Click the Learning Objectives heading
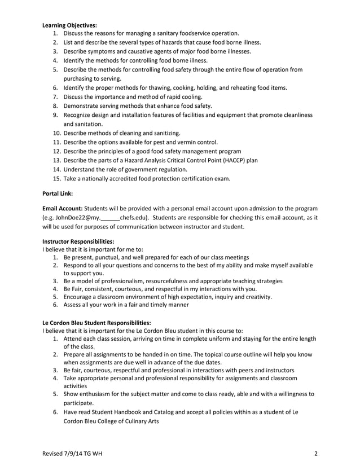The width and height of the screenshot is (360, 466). pyautogui.click(x=70, y=25)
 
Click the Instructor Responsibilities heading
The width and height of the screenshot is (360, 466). pyautogui.click(x=78, y=241)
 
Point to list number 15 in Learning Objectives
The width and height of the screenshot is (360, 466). pyautogui.click(x=56, y=178)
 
